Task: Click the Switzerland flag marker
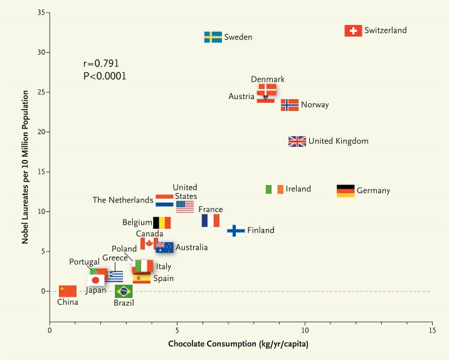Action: (354, 31)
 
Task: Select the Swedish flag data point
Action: (213, 37)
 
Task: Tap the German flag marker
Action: (346, 191)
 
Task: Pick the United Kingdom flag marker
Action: (297, 142)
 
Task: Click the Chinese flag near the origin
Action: (68, 291)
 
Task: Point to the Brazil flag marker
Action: (124, 291)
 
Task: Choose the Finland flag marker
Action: (236, 231)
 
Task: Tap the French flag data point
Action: (211, 221)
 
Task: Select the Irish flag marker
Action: (274, 189)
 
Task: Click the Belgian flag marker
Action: (162, 223)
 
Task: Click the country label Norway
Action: (315, 105)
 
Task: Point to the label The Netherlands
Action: (123, 201)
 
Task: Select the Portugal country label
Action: (84, 262)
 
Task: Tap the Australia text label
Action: (191, 248)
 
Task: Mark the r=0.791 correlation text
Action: (101, 64)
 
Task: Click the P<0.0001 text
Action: (105, 76)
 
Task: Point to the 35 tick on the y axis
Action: (39, 13)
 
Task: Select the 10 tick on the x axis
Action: (305, 331)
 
